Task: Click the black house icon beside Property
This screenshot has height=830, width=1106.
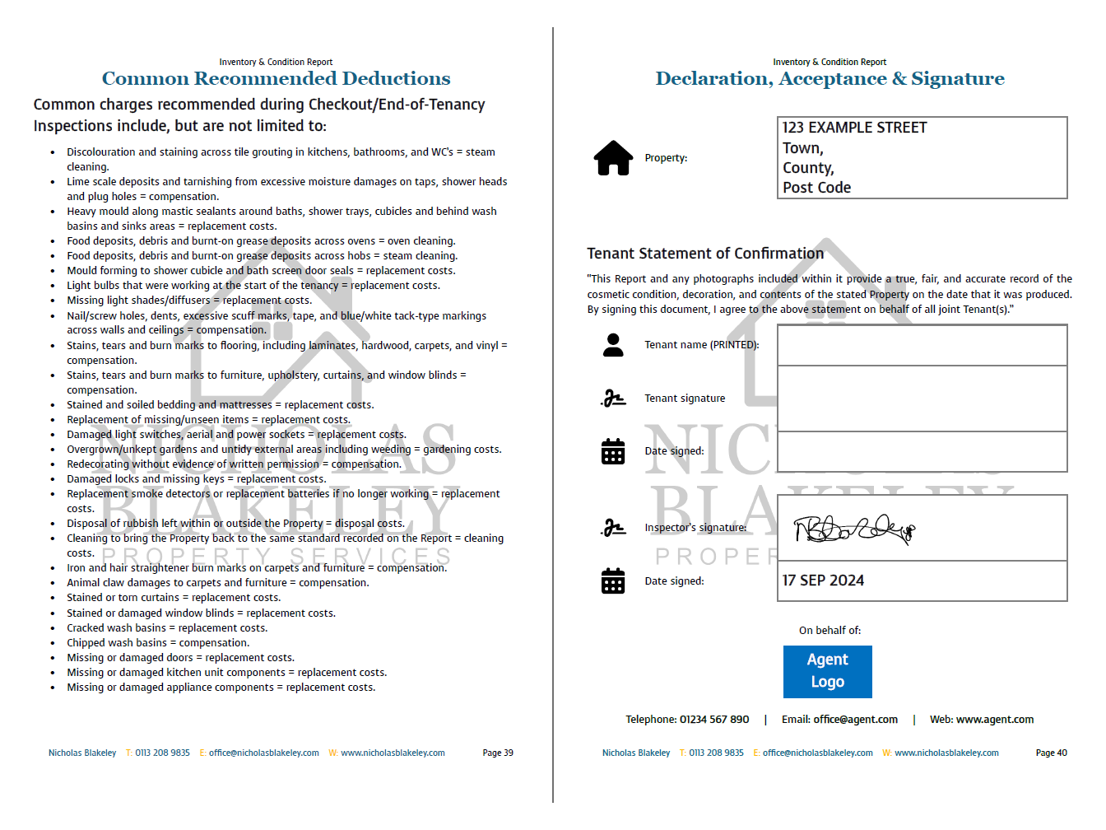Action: click(x=613, y=158)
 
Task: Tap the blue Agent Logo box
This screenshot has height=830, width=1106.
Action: click(x=827, y=671)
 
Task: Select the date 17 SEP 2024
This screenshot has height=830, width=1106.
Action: click(x=823, y=581)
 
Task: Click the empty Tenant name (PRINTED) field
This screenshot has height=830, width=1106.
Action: click(x=922, y=345)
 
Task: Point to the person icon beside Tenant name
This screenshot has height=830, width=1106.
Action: click(x=613, y=345)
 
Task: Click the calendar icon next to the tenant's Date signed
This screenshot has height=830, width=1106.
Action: click(x=613, y=451)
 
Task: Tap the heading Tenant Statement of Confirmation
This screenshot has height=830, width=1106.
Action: click(x=705, y=254)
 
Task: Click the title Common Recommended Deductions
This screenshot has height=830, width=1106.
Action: click(x=276, y=79)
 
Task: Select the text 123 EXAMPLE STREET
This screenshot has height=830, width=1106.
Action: click(x=854, y=128)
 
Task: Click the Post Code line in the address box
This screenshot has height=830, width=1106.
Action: click(x=816, y=188)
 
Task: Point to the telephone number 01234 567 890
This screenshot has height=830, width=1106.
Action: click(x=714, y=720)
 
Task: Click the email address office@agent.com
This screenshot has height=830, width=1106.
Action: click(x=855, y=720)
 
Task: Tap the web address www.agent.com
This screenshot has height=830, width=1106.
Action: click(x=994, y=720)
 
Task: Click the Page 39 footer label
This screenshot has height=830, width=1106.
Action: click(x=498, y=753)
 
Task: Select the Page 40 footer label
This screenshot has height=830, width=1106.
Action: click(x=1051, y=753)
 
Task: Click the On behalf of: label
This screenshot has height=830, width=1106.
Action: click(x=829, y=631)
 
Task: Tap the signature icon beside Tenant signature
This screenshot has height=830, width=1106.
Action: click(x=613, y=399)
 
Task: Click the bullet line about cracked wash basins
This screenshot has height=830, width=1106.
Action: click(x=167, y=628)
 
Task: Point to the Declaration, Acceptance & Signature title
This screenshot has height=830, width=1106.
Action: click(x=829, y=79)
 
